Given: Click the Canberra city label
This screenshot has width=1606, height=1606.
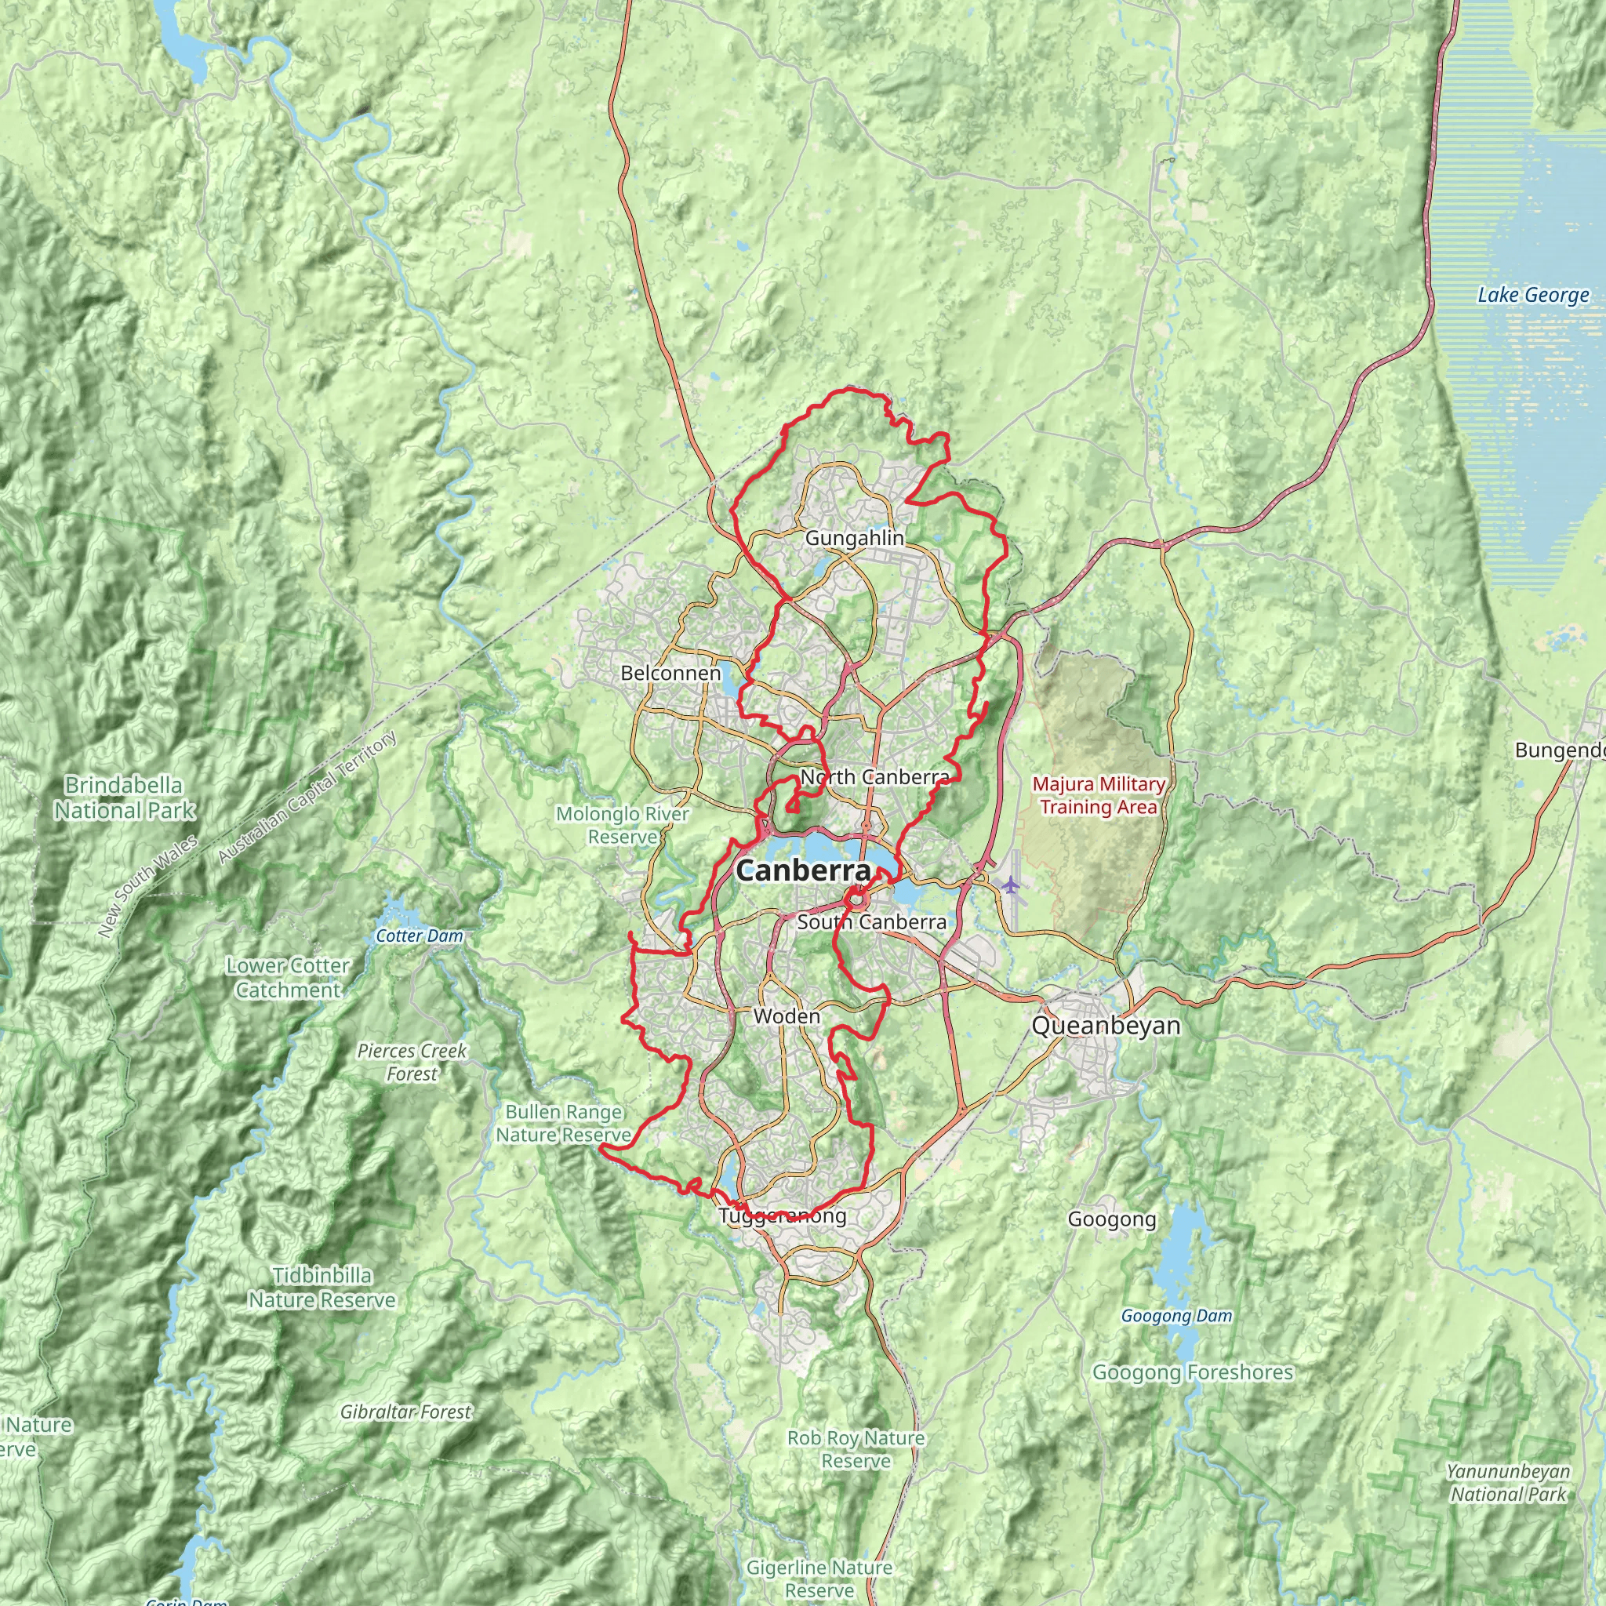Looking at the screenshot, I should [x=803, y=871].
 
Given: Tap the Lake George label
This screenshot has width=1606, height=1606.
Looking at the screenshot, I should [x=1532, y=295].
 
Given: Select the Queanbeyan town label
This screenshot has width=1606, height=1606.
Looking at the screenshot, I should [x=1106, y=1026].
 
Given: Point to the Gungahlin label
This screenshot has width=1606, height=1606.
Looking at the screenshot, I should [x=854, y=538].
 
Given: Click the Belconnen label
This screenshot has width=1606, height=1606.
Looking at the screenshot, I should [x=670, y=673].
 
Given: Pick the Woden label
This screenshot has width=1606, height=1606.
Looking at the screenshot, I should [x=787, y=1016].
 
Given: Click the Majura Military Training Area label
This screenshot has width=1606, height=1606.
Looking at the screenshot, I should [x=1097, y=795].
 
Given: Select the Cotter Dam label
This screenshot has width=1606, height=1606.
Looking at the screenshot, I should [x=419, y=936].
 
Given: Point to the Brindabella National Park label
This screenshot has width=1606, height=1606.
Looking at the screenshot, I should [x=125, y=798].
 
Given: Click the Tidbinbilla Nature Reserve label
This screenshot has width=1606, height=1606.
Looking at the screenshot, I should [x=322, y=1288].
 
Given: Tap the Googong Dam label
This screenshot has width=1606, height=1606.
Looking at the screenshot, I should [x=1175, y=1316].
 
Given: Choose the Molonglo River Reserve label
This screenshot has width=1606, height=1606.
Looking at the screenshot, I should [x=622, y=825].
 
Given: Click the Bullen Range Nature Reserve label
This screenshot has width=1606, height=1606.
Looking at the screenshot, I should [x=564, y=1123].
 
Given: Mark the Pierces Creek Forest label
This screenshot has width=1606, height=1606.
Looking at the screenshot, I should [x=412, y=1062].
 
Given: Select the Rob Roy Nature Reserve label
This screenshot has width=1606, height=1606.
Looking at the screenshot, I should [x=856, y=1449].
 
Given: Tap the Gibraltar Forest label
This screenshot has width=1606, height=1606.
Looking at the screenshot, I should [x=405, y=1412].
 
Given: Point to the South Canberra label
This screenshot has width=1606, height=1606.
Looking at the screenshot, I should [x=871, y=922].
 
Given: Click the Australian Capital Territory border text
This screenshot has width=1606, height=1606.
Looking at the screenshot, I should [x=307, y=798].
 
